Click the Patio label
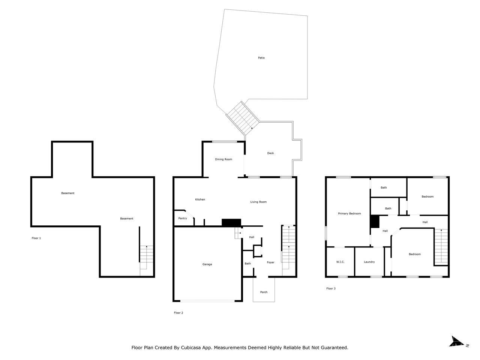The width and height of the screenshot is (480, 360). [261, 58]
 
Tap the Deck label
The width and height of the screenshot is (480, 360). [270, 153]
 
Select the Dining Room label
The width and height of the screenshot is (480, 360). [223, 159]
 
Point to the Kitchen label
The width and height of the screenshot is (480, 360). [200, 199]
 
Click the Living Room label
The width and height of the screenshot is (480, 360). [258, 202]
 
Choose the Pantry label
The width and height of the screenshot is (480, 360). [183, 218]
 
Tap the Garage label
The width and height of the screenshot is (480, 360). [207, 264]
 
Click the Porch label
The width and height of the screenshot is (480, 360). [264, 292]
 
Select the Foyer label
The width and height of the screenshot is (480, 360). [270, 262]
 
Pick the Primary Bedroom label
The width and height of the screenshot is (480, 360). [349, 214]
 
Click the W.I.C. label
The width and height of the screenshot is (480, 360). [340, 262]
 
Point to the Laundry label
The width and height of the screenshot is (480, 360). [369, 262]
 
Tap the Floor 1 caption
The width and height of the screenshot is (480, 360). [36, 238]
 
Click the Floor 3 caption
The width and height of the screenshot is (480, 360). [331, 288]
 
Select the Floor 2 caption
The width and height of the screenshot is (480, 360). [178, 313]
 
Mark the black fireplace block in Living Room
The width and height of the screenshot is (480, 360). [231, 222]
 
